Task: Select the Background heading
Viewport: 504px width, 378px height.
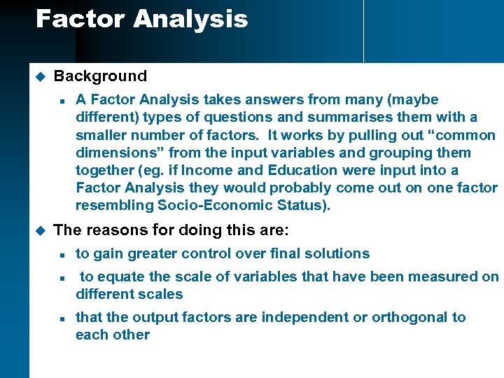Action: pos(100,76)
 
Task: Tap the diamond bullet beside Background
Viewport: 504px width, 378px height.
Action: pos(40,76)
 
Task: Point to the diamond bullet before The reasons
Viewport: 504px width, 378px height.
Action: pos(40,230)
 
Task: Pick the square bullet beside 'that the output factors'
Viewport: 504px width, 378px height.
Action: pos(62,318)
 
